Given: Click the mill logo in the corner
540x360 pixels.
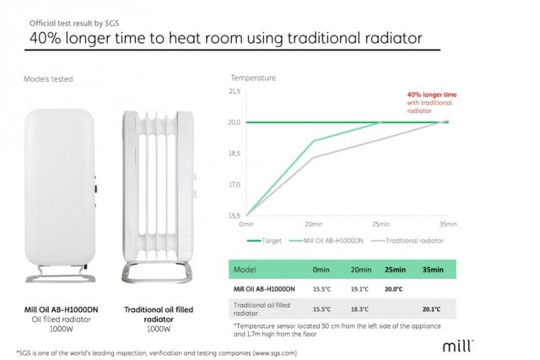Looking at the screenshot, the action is tap(458, 346).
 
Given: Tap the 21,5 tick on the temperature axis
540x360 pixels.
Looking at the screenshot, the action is tap(234, 91).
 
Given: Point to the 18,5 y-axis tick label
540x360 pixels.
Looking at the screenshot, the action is tap(234, 153).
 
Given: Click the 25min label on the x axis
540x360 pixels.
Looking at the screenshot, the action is tap(381, 224).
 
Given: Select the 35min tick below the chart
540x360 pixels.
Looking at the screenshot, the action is tap(448, 224).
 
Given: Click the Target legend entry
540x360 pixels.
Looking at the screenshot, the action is tap(264, 240).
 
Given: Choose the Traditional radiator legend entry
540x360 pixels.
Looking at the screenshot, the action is tap(408, 240).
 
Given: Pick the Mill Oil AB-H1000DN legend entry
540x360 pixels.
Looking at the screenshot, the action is tap(326, 240).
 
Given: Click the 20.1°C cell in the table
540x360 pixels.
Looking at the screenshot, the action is tap(431, 309).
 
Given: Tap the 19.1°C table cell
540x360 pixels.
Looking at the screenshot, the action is tap(360, 289).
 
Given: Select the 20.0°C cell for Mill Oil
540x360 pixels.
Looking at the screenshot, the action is tap(394, 289).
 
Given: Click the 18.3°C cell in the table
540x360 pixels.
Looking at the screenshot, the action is tap(360, 309).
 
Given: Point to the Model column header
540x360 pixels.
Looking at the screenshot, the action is tap(244, 269).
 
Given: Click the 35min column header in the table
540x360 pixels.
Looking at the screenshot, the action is tap(433, 269).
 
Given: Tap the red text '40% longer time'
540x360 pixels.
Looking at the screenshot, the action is tap(432, 95).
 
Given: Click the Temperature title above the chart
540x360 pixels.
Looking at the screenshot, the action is tap(253, 78).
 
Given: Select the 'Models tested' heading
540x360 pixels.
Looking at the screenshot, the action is tap(48, 79).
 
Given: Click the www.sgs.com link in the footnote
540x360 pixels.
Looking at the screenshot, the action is tap(274, 353).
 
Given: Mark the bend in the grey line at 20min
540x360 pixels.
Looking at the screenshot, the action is tap(313, 157).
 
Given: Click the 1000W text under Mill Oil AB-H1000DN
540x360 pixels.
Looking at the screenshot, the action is tap(61, 329).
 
